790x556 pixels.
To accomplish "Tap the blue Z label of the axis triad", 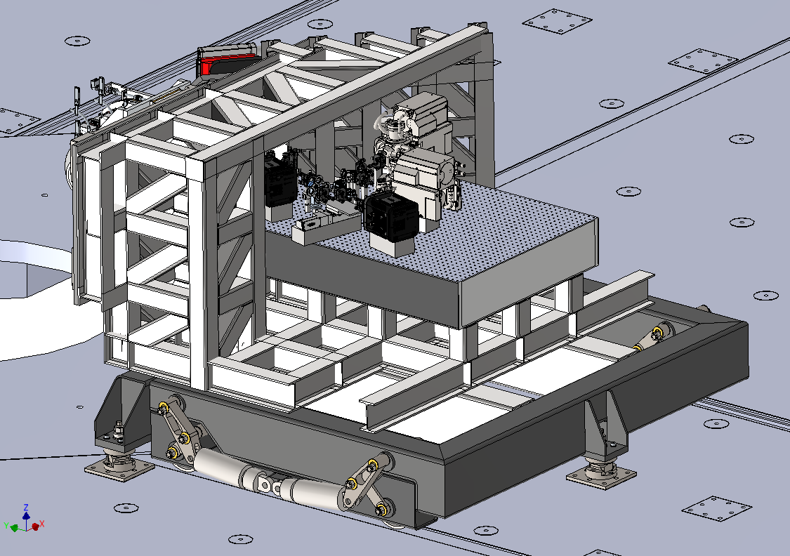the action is [x=26, y=507].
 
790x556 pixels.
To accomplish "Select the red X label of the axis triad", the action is [x=42, y=524].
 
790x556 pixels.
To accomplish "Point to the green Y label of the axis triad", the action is [x=6, y=526].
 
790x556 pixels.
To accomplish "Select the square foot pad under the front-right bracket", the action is [x=601, y=475].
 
